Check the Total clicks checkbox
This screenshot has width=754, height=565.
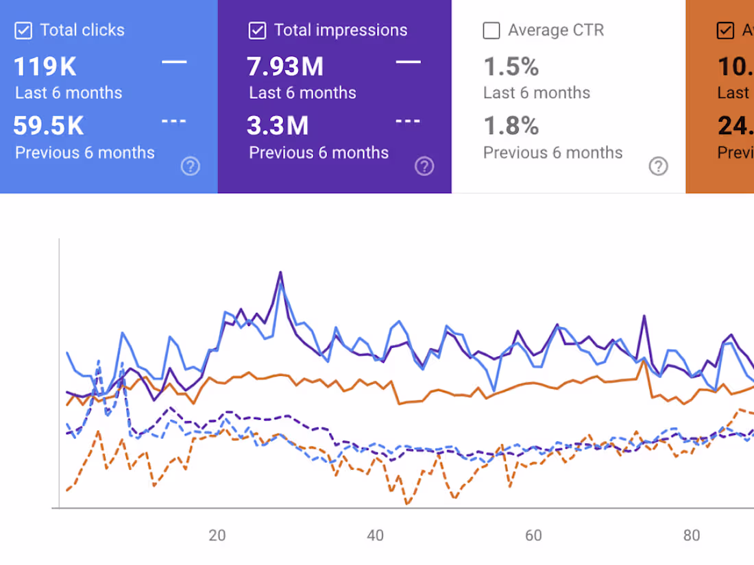(x=23, y=30)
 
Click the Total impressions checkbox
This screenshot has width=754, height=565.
(x=257, y=30)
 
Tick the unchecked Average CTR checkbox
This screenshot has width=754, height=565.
(x=491, y=30)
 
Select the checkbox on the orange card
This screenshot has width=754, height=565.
(x=725, y=30)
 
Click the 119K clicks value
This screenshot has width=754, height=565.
(x=45, y=67)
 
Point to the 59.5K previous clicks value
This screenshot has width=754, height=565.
(x=49, y=126)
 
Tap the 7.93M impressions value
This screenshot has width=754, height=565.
(x=285, y=67)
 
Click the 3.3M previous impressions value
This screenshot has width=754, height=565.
(x=278, y=126)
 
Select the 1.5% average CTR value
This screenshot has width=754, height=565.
(x=511, y=67)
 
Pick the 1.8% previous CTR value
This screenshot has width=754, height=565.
(x=511, y=126)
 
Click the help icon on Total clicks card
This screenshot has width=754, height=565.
(x=190, y=166)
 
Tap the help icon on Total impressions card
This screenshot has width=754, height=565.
(x=424, y=166)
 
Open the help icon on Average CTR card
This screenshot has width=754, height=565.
(x=658, y=166)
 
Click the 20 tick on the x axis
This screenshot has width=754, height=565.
(x=217, y=536)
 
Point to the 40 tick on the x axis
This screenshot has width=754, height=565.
(x=375, y=536)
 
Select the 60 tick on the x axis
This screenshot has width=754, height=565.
(x=533, y=536)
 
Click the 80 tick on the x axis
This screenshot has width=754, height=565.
(x=692, y=536)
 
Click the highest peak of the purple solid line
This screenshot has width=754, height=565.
(x=280, y=273)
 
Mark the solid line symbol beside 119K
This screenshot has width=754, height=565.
(x=174, y=62)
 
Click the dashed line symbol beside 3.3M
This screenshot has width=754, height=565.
(x=409, y=121)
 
